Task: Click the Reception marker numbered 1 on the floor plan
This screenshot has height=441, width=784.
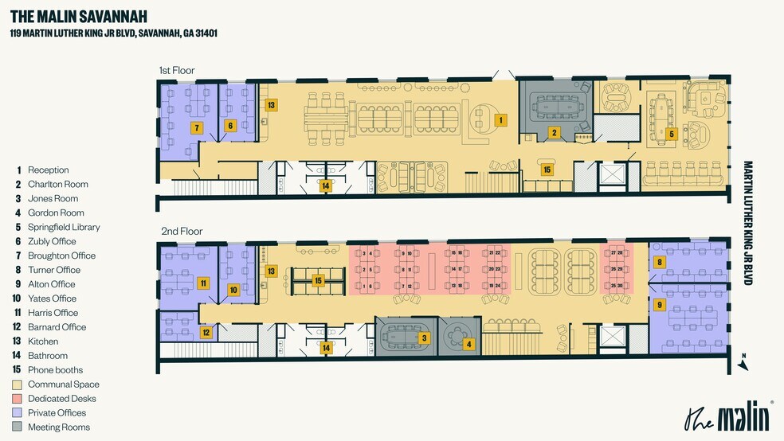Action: [500, 120]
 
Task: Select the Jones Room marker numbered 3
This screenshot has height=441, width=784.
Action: [425, 338]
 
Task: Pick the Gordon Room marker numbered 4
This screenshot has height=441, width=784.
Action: [469, 344]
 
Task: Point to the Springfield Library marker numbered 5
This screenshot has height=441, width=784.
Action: [672, 134]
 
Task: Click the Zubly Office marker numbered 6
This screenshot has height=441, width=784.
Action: [230, 125]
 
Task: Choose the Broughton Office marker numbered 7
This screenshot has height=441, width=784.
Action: [197, 127]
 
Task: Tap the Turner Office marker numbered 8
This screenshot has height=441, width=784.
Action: [659, 262]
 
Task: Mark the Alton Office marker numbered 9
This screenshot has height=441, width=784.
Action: [659, 304]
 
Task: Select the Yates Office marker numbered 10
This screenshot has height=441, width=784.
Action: [233, 290]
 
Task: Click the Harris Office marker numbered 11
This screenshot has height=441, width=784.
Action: [203, 283]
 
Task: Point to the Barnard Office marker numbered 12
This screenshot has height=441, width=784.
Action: [205, 333]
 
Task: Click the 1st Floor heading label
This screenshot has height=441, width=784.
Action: [176, 71]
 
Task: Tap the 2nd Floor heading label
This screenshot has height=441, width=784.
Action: [182, 231]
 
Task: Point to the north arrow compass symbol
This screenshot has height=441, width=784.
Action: [743, 361]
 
